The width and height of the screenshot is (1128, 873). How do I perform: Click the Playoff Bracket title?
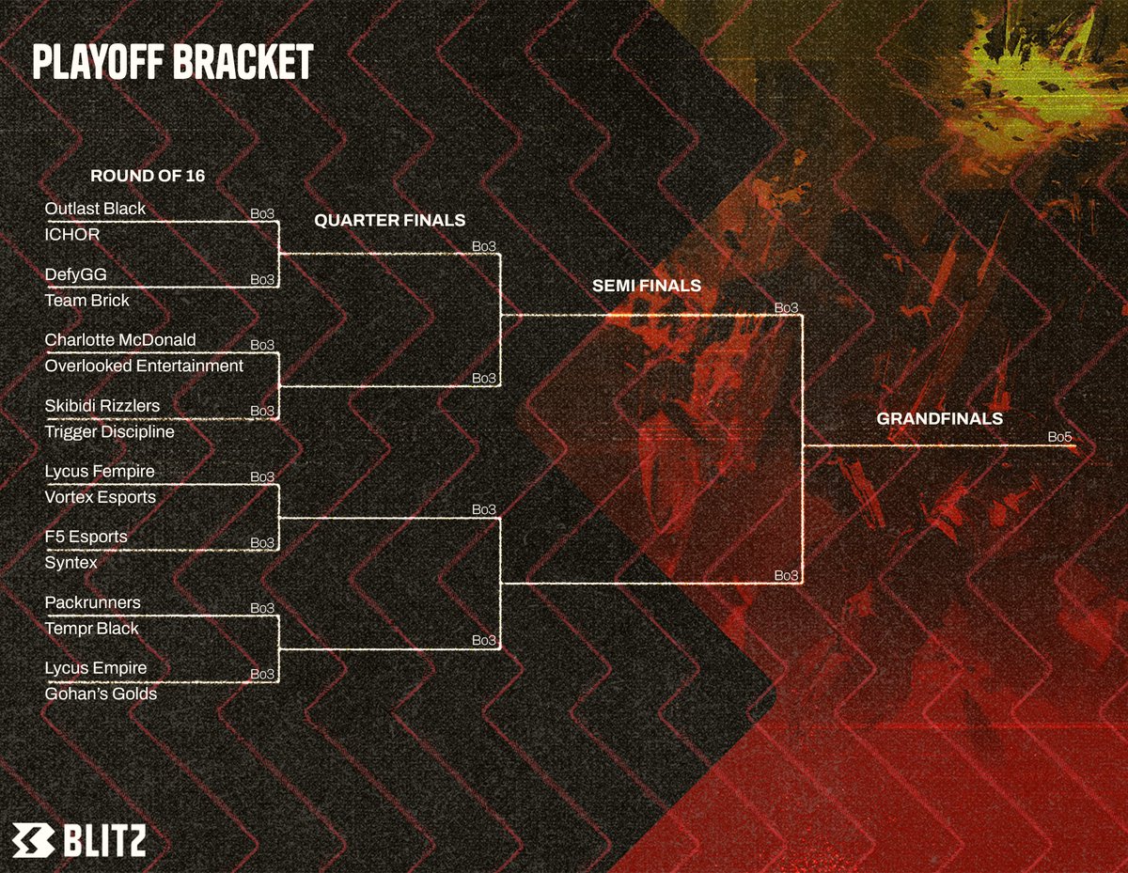(x=172, y=63)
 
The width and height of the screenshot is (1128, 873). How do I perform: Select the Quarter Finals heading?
(x=389, y=221)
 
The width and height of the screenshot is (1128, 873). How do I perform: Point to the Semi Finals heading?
(x=647, y=285)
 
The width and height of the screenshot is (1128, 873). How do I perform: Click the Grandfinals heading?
(x=940, y=418)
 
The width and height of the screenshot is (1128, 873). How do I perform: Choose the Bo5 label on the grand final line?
(x=1060, y=437)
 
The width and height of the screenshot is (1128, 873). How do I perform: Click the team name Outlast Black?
(x=95, y=208)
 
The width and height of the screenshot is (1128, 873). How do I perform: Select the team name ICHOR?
(x=71, y=234)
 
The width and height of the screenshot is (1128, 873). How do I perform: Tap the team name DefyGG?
(x=76, y=273)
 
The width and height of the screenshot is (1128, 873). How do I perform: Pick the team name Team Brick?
(x=87, y=301)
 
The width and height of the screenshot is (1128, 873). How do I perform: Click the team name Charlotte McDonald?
(x=120, y=339)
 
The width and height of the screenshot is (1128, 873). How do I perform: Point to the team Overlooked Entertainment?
(x=144, y=366)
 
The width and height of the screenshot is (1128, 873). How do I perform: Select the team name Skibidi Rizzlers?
(x=102, y=405)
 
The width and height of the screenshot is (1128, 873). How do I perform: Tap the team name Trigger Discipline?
(x=109, y=431)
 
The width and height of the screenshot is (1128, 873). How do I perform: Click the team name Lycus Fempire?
(x=100, y=471)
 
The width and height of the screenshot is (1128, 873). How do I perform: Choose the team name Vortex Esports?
(x=101, y=497)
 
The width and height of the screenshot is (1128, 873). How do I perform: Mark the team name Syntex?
(x=71, y=563)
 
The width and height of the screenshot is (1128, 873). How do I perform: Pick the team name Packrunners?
(x=93, y=602)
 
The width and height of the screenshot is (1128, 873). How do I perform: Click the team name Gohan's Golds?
(x=101, y=694)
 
